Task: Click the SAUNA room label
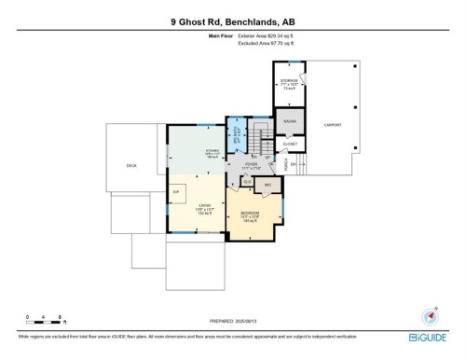289,122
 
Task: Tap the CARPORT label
332,124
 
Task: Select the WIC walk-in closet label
267,186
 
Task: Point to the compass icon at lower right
431,315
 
